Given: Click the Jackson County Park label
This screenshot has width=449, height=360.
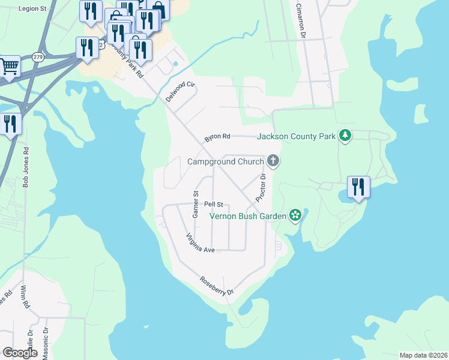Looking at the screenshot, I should click(296, 136).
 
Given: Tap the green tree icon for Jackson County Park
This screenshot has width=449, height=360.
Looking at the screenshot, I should click(345, 136).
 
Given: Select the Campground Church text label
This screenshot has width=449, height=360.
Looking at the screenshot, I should click(225, 161).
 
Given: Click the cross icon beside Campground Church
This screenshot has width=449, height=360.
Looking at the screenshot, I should click(273, 161).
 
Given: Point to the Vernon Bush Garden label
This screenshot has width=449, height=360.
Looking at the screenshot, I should click(248, 215).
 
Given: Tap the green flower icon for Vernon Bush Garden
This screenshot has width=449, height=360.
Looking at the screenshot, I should click(295, 215).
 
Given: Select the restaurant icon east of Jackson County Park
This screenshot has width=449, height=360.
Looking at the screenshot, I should click(358, 187).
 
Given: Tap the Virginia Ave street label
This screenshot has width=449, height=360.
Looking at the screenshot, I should click(200, 242).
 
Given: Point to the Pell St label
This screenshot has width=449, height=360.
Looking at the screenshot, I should click(213, 205).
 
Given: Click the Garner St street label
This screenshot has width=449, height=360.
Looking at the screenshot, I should click(195, 204).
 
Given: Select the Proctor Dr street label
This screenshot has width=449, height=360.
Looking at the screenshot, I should click(261, 187).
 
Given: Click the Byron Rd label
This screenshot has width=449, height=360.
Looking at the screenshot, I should click(217, 137).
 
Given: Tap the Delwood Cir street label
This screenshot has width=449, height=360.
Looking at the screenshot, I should click(181, 91).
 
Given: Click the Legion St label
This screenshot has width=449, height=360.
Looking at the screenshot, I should click(32, 8).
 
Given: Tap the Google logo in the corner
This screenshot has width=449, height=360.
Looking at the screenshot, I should click(20, 353).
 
